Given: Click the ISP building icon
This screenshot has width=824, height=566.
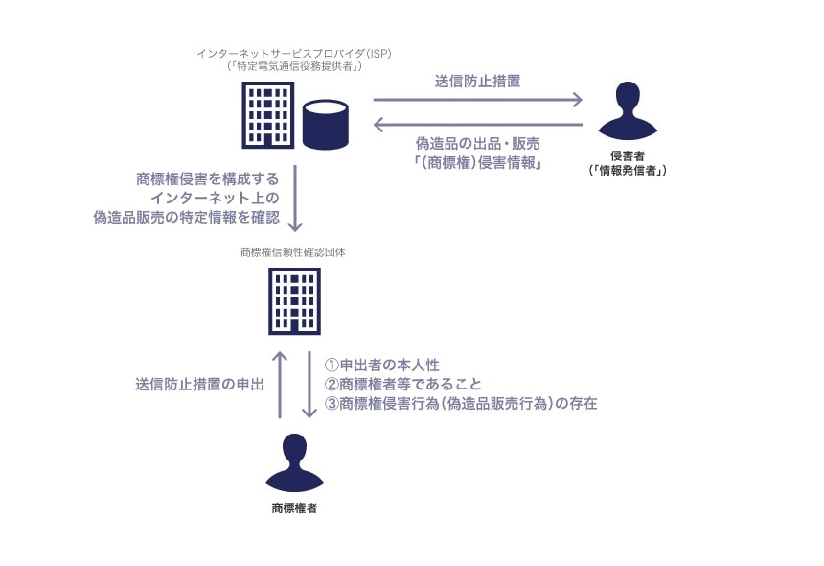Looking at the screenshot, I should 267,114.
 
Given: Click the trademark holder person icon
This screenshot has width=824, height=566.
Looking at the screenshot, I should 294,463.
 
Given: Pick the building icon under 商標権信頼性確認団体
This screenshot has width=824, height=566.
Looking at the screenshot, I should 294,300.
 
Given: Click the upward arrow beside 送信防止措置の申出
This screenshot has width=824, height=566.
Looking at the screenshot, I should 280,384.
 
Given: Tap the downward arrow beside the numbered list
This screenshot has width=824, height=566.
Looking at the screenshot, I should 309,384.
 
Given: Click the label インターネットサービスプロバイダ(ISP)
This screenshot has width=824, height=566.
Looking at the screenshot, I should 294,54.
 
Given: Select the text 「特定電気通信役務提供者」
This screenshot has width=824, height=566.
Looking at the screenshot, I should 294,67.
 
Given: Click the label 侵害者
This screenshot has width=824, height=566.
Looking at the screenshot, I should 627,155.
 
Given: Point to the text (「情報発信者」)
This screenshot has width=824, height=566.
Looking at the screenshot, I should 627,170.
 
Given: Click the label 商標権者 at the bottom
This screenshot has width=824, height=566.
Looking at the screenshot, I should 294,508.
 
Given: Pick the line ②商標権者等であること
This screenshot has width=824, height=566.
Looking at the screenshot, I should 402,385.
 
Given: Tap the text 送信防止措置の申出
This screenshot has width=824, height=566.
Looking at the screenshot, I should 199,385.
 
